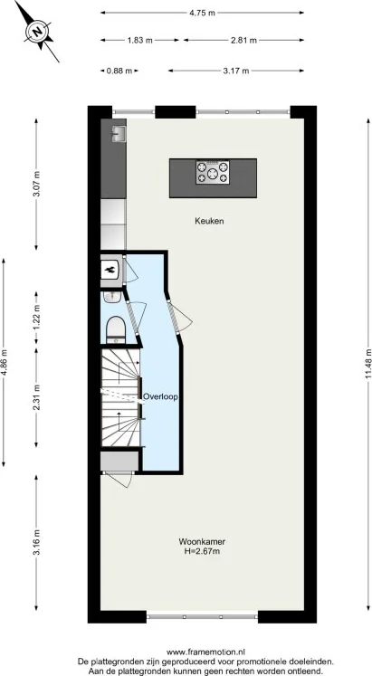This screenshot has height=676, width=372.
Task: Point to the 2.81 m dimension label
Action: (x=243, y=41)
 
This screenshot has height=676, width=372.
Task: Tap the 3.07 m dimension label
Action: (x=36, y=186)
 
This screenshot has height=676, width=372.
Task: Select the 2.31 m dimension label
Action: (x=36, y=397)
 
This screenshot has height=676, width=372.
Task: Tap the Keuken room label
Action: (x=209, y=221)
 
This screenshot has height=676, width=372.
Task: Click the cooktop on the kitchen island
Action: (x=214, y=171)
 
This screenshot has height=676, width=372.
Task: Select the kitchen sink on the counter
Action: (x=118, y=133)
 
